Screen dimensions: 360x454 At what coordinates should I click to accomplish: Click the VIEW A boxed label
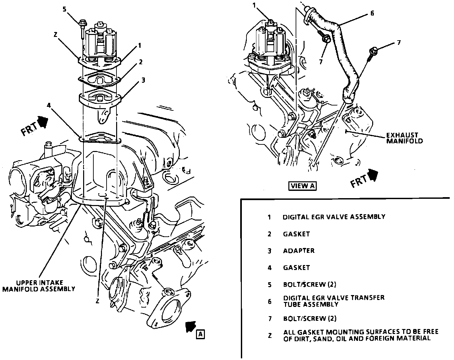coord(303,186)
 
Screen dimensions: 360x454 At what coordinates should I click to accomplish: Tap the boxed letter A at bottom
coord(200,334)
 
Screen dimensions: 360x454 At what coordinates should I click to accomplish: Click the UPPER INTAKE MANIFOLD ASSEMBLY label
coord(39,286)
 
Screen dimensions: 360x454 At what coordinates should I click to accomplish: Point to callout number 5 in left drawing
coord(65,9)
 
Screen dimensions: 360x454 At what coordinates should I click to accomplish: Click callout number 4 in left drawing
coord(49,106)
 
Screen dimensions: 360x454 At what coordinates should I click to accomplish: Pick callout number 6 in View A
coord(372,14)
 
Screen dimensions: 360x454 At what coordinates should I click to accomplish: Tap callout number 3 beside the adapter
coord(143,80)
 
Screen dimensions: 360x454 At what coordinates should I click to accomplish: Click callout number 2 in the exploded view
coord(141,62)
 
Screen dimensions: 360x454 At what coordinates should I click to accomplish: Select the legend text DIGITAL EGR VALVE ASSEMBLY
coord(334,217)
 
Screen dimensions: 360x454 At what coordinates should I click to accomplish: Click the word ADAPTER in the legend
coord(299,251)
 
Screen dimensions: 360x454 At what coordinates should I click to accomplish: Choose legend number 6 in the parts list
coord(270,301)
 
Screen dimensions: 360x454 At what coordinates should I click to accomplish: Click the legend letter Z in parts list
coord(270,335)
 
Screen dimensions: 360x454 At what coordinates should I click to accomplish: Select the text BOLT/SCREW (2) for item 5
coord(309,285)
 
